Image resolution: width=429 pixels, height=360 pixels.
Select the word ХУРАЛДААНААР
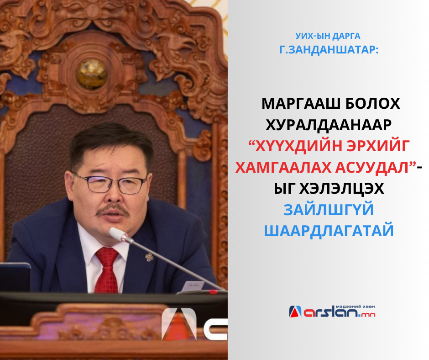pyautogui.click(x=329, y=125)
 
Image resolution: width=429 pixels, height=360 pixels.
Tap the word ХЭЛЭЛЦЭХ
pyautogui.click(x=342, y=189)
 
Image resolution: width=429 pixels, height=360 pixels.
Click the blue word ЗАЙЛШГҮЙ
pyautogui.click(x=329, y=210)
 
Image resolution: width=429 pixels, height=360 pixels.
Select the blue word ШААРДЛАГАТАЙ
pyautogui.click(x=329, y=231)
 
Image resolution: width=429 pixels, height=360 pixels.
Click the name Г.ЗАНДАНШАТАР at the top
pyautogui.click(x=329, y=50)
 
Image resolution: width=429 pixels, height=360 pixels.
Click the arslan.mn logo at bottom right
pyautogui.click(x=332, y=311)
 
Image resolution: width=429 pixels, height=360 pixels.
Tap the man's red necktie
pyautogui.click(x=107, y=270)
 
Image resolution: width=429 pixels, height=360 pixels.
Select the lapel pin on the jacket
pyautogui.click(x=149, y=257)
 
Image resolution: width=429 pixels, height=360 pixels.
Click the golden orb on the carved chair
pyautogui.click(x=91, y=74)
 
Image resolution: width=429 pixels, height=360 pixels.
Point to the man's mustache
pyautogui.click(x=113, y=210)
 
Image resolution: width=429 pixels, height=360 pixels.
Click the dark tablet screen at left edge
pyautogui.click(x=15, y=277)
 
